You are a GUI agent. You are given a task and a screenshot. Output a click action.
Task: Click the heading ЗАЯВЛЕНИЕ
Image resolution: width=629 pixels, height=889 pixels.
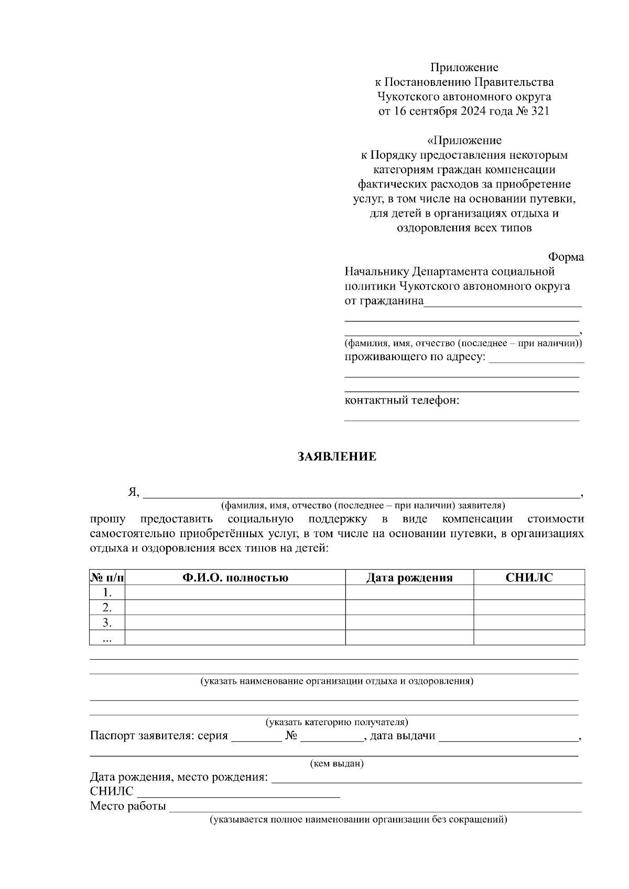[337, 457]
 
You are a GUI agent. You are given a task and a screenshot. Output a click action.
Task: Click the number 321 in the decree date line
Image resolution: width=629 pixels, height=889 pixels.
[540, 111]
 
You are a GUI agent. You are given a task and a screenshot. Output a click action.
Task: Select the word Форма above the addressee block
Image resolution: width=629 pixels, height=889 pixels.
[566, 257]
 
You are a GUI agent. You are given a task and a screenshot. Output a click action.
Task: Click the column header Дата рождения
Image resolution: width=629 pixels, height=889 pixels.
[409, 577]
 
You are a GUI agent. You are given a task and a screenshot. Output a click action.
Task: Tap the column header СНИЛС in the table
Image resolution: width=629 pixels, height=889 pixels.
[529, 577]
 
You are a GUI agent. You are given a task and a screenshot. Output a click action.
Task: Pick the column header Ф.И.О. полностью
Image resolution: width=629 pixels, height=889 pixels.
[235, 577]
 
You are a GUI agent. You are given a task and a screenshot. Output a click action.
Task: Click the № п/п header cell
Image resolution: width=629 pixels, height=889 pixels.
[107, 577]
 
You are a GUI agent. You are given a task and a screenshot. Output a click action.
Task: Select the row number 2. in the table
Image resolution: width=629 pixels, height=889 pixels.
[107, 608]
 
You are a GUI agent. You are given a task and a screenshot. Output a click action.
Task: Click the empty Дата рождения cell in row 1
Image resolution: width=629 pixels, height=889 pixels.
[409, 593]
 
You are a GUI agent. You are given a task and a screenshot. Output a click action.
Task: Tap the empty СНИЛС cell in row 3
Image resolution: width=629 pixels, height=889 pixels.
[529, 623]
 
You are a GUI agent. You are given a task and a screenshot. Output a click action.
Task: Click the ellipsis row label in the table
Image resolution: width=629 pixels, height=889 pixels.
[107, 638]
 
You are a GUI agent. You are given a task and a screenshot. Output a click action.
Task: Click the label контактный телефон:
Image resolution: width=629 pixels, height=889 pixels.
[402, 401]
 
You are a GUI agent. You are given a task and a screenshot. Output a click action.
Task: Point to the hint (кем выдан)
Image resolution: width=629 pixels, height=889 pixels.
[337, 763]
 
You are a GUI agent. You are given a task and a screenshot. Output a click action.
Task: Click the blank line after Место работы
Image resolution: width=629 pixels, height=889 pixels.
[375, 806]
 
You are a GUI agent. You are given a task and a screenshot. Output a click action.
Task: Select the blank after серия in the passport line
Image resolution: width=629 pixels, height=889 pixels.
[256, 736]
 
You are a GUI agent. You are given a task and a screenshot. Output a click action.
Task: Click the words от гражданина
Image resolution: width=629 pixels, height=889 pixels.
[384, 301]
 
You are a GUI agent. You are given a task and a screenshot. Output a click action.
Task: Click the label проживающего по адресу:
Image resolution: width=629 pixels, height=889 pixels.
[415, 357]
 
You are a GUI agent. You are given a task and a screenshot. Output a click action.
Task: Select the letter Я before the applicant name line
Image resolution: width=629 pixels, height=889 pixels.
[133, 492]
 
